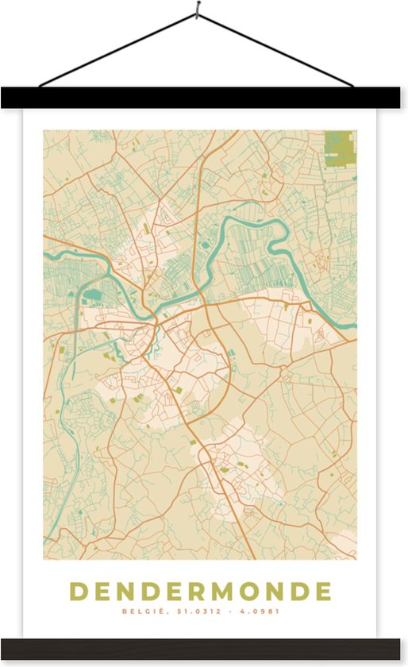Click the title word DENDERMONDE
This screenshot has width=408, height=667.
[x=200, y=592]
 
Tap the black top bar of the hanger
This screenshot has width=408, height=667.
[x=204, y=98]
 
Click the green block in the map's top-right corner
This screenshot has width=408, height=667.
[x=340, y=148]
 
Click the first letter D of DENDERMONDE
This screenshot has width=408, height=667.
[x=79, y=592]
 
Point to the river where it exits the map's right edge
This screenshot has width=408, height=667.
[x=352, y=324]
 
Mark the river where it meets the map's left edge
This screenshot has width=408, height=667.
[x=47, y=256]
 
